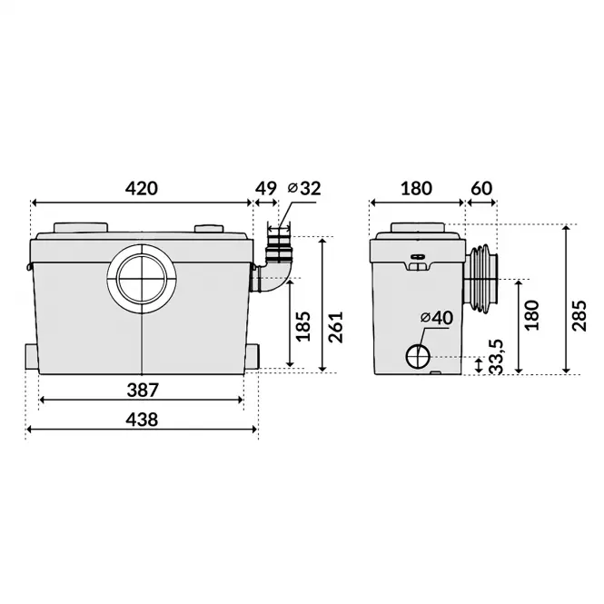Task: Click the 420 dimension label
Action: click(x=142, y=188)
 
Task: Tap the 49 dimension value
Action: click(x=266, y=188)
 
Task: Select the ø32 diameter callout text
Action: click(x=304, y=188)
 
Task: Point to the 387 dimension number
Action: click(x=143, y=391)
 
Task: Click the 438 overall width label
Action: click(x=142, y=419)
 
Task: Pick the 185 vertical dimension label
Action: click(x=303, y=326)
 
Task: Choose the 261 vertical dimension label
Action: click(x=335, y=327)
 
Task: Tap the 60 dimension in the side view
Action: click(x=481, y=188)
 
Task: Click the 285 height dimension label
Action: click(x=579, y=315)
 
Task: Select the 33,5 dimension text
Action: click(x=497, y=357)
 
